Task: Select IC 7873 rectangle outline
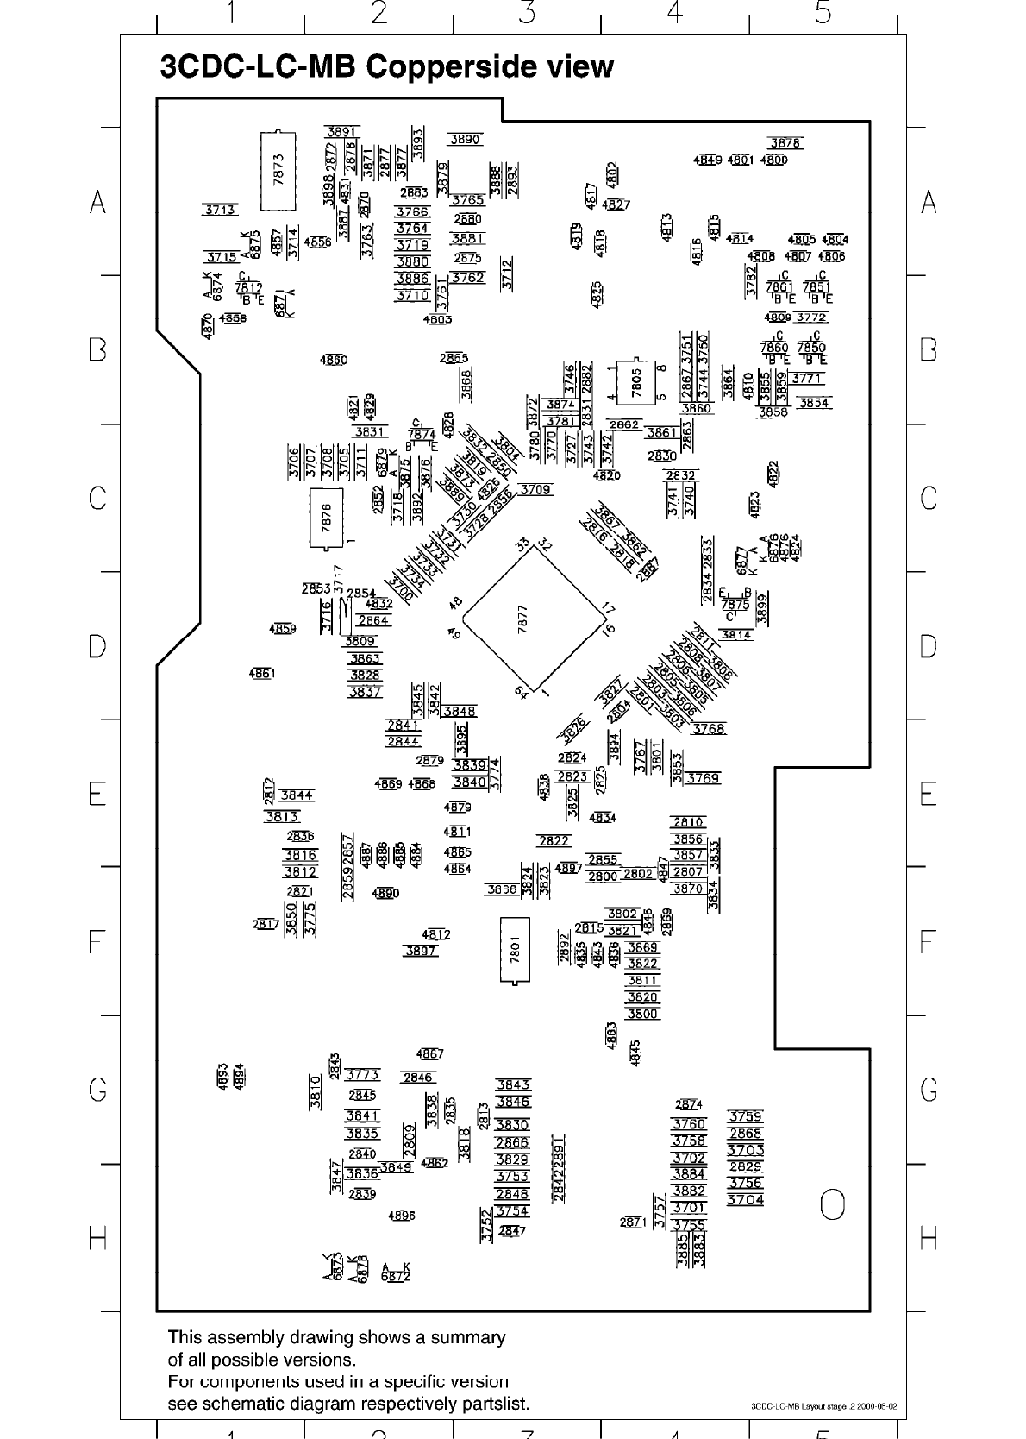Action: click(x=278, y=170)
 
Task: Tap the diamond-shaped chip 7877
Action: click(x=534, y=620)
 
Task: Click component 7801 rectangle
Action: click(x=515, y=950)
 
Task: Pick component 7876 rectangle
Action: click(x=326, y=518)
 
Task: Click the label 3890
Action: click(x=466, y=139)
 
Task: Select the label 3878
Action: click(x=785, y=143)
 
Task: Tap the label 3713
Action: click(x=220, y=210)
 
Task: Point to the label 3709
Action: click(x=535, y=490)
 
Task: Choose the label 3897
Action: click(x=421, y=951)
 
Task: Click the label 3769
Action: click(x=703, y=778)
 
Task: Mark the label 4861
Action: click(x=261, y=673)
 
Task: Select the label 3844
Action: click(x=297, y=795)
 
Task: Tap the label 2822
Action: click(x=554, y=841)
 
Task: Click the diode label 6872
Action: click(x=396, y=1276)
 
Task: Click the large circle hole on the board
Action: click(x=832, y=1204)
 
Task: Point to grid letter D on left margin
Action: click(x=98, y=646)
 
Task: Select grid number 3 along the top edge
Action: click(x=527, y=13)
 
